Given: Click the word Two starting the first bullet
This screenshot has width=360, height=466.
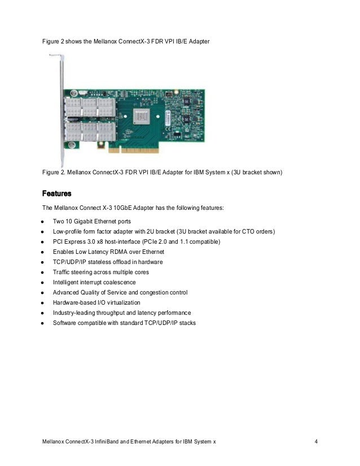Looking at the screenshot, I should point(59,222).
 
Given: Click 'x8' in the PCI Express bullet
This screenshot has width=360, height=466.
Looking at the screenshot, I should point(110,241).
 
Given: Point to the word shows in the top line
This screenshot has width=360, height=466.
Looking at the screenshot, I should point(77,42).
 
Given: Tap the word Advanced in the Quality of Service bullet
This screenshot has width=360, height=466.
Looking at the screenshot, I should point(67,292).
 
